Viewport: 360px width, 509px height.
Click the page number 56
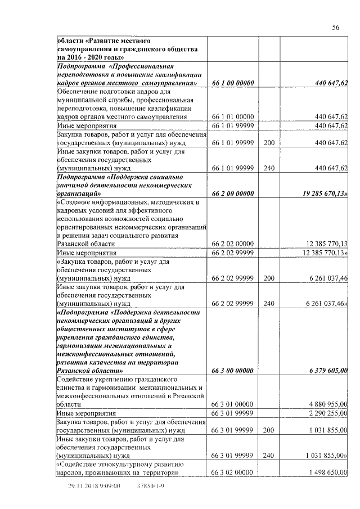click(335, 28)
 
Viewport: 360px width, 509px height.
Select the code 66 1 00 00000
click(233, 84)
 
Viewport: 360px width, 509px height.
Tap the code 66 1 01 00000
click(233, 116)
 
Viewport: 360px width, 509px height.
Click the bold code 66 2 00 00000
click(233, 193)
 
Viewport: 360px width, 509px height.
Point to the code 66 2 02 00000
click(233, 244)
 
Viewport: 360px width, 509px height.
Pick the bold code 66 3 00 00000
click(233, 371)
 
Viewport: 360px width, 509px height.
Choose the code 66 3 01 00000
click(233, 404)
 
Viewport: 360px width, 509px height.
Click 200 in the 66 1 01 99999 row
click(268, 143)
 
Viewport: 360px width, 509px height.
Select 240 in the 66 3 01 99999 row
click(268, 455)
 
